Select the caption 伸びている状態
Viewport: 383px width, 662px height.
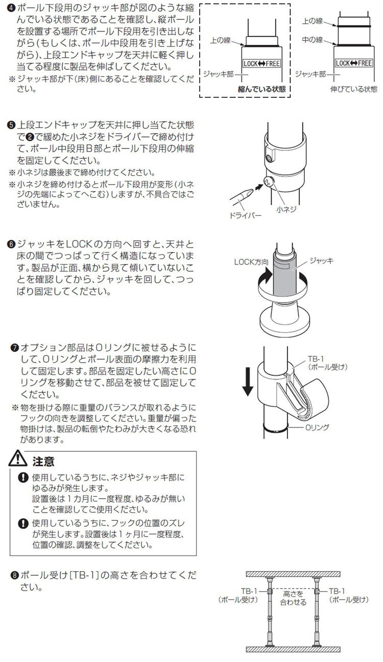[x=354, y=89]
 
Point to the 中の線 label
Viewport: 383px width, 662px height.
[x=312, y=39]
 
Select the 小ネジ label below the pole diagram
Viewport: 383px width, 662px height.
[x=286, y=209]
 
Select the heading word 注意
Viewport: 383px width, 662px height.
[x=43, y=462]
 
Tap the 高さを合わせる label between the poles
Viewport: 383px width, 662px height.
[x=293, y=598]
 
